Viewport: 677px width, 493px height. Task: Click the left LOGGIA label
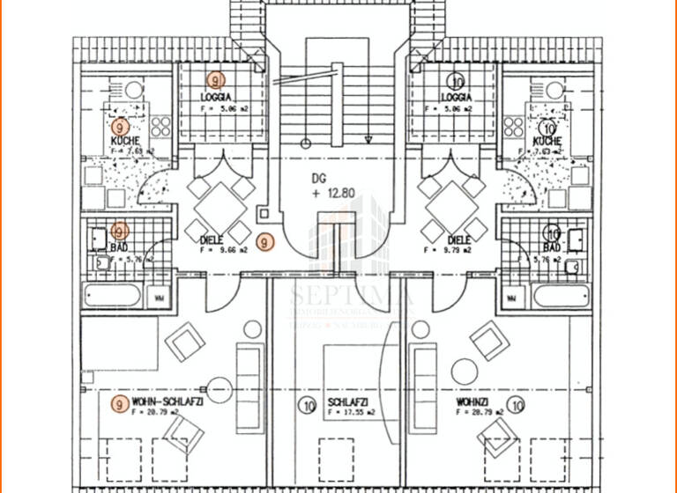click(215, 97)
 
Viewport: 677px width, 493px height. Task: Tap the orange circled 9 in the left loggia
click(216, 80)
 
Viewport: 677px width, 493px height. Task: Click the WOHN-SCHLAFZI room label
click(167, 401)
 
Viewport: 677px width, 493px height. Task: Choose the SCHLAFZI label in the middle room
click(347, 402)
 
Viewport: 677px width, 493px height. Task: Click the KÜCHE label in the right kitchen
click(547, 141)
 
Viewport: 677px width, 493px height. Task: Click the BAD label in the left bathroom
click(120, 247)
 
